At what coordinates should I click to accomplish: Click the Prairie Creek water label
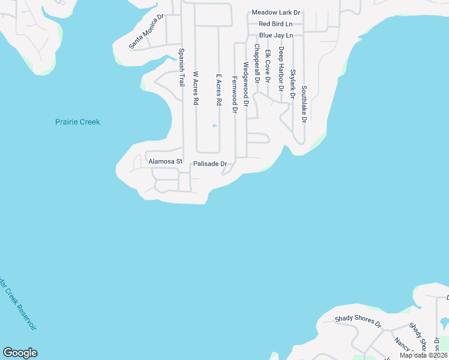(77, 122)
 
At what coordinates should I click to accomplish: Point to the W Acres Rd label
(195, 89)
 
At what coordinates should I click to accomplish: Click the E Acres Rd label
(219, 90)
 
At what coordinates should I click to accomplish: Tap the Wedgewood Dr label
(246, 84)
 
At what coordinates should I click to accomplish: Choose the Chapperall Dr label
(256, 63)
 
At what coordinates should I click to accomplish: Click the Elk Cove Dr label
(268, 66)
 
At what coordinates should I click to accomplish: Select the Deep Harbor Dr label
(280, 70)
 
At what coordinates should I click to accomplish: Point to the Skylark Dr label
(292, 84)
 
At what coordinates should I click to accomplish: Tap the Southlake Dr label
(304, 104)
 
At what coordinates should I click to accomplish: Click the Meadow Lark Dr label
(276, 13)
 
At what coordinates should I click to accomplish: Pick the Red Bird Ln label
(276, 24)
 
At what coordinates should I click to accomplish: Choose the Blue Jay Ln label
(276, 35)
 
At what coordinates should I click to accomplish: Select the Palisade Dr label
(209, 164)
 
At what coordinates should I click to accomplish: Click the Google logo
(20, 353)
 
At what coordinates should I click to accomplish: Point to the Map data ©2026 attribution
(423, 355)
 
